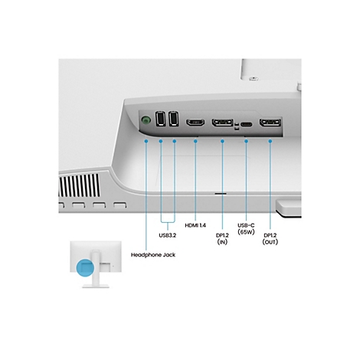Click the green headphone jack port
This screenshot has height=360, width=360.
click(146, 119)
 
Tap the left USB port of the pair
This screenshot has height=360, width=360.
click(161, 120)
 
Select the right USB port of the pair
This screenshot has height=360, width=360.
click(175, 120)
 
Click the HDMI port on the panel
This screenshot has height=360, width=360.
click(195, 123)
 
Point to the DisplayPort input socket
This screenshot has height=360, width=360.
click(223, 123)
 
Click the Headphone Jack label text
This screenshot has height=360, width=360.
click(153, 254)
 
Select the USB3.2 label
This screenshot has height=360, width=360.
click(169, 224)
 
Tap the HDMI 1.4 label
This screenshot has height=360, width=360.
click(195, 224)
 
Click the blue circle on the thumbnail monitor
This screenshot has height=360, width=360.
click(86, 267)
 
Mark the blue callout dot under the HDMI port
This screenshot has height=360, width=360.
click(195, 142)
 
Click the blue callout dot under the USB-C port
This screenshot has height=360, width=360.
click(247, 142)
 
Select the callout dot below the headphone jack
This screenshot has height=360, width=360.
click(146, 142)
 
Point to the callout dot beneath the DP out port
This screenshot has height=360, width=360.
click(270, 142)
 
